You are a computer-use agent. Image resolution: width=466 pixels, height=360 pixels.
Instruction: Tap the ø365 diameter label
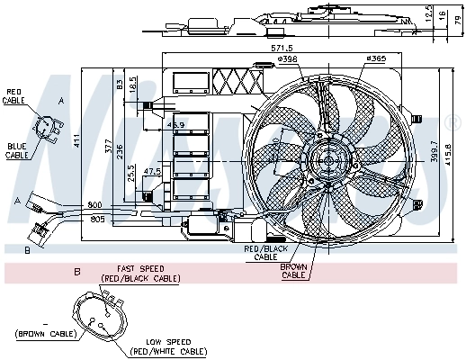[376, 60]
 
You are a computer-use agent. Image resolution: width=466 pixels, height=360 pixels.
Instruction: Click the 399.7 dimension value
[435, 148]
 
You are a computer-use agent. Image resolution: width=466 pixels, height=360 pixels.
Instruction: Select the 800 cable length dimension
[95, 206]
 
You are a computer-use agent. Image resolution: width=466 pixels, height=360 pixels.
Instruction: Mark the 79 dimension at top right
[456, 20]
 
